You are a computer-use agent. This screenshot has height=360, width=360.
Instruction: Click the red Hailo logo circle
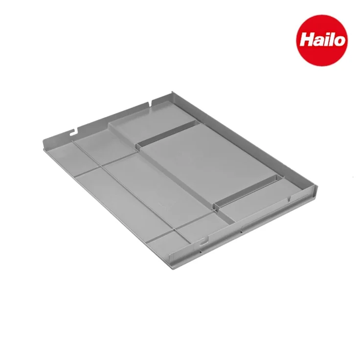pos(322,41)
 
